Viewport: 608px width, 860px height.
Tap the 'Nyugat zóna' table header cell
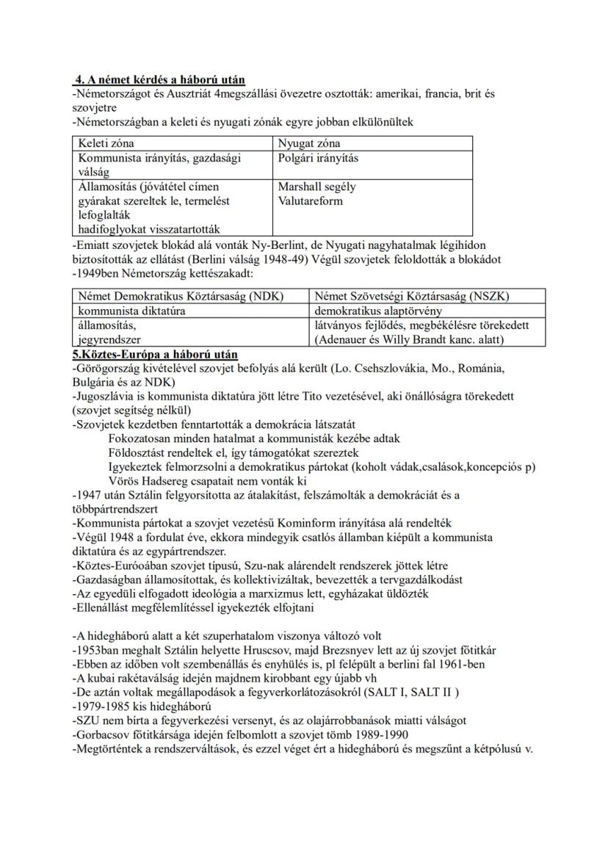point(309,143)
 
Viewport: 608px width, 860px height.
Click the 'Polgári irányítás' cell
point(319,158)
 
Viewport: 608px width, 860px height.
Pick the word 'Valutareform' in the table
point(310,201)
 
